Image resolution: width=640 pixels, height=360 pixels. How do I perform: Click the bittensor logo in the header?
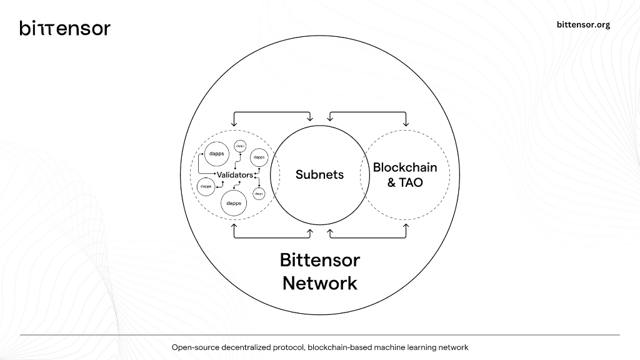pyautogui.click(x=65, y=28)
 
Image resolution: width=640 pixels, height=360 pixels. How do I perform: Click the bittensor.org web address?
pyautogui.click(x=583, y=25)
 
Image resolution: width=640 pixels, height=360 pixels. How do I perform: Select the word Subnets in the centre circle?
pyautogui.click(x=319, y=174)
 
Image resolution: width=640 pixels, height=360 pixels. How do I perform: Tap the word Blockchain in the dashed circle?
pyautogui.click(x=405, y=167)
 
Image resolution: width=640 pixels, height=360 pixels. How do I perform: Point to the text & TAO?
pyautogui.click(x=405, y=182)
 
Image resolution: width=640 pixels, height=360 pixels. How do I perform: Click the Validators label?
pyautogui.click(x=234, y=175)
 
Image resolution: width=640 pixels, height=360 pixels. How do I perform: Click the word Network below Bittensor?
pyautogui.click(x=319, y=282)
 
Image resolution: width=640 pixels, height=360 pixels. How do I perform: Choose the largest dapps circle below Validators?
pyautogui.click(x=234, y=204)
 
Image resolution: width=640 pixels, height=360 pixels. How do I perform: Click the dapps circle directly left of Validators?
pyautogui.click(x=206, y=186)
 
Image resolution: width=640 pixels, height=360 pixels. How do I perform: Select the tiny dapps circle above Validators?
pyautogui.click(x=241, y=146)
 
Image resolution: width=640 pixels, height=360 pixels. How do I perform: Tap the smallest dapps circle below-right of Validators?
pyautogui.click(x=259, y=194)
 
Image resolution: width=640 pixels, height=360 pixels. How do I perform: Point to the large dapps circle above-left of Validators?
pyautogui.click(x=217, y=154)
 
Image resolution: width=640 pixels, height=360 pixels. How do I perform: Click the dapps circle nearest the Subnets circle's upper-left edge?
pyautogui.click(x=259, y=157)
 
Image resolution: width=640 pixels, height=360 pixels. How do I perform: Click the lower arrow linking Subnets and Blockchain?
pyautogui.click(x=367, y=237)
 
